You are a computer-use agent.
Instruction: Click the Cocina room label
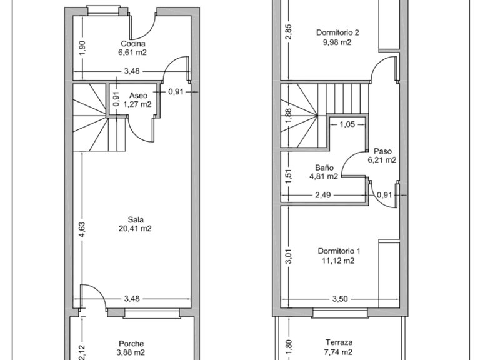coord(133,44)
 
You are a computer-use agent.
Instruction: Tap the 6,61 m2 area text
coord(132,52)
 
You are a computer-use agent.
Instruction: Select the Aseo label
coord(138,96)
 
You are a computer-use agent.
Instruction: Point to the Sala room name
coord(136,219)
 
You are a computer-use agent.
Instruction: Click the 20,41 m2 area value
coord(135,228)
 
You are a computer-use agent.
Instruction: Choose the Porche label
coord(131,344)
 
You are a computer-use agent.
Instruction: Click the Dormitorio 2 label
coord(337,32)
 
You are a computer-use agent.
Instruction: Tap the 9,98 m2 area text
coord(337,42)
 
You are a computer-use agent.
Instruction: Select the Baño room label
coord(324,167)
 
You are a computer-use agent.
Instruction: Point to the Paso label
coord(382,151)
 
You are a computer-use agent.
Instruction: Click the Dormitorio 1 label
coord(339,251)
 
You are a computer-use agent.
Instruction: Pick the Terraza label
coord(339,342)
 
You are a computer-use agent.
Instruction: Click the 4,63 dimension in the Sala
coord(82,229)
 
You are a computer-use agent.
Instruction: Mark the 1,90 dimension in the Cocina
coord(82,48)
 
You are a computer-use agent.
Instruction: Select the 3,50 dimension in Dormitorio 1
coord(340,299)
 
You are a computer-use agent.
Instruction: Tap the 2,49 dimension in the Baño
coord(323,195)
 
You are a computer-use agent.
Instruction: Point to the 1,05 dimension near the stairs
coord(347,124)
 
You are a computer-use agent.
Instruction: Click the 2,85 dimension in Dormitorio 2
coord(289,32)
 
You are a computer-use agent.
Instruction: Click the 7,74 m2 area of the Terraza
coord(338,352)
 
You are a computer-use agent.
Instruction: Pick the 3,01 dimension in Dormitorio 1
coord(289,256)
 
